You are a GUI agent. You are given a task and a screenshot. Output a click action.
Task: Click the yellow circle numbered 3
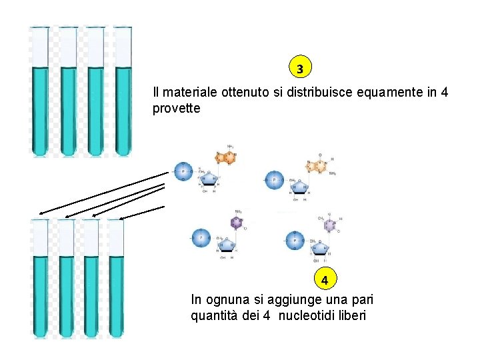[x=300, y=69]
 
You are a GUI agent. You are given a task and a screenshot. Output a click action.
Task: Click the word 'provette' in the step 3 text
[x=176, y=108]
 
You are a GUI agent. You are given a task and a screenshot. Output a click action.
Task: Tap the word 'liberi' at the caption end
[x=351, y=316]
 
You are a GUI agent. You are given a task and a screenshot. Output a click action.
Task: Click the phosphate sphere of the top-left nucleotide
[x=183, y=172]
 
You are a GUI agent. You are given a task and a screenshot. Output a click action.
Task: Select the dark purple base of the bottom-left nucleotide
[x=236, y=223]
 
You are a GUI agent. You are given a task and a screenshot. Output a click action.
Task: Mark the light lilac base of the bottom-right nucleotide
[x=329, y=226]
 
